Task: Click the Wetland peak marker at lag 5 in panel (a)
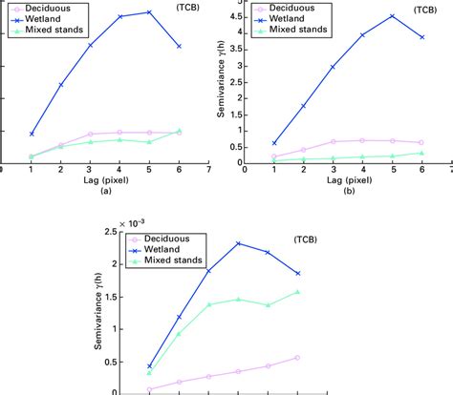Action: (x=149, y=12)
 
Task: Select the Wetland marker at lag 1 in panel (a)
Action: (x=32, y=135)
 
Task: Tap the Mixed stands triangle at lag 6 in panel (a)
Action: (x=179, y=131)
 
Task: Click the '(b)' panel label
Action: (x=347, y=191)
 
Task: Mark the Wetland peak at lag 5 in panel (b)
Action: (x=392, y=16)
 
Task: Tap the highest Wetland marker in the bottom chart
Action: (x=238, y=243)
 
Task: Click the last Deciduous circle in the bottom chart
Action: (x=297, y=358)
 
